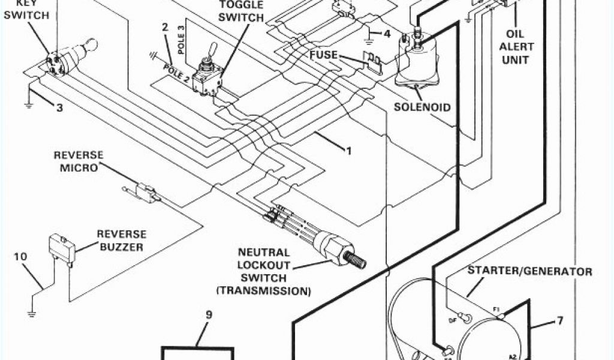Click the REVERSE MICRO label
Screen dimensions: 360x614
[x=78, y=161]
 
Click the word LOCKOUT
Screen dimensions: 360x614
[x=263, y=265]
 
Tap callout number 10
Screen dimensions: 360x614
[x=20, y=257]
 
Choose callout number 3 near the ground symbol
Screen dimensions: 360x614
[x=59, y=108]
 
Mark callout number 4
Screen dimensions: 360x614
[x=387, y=34]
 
